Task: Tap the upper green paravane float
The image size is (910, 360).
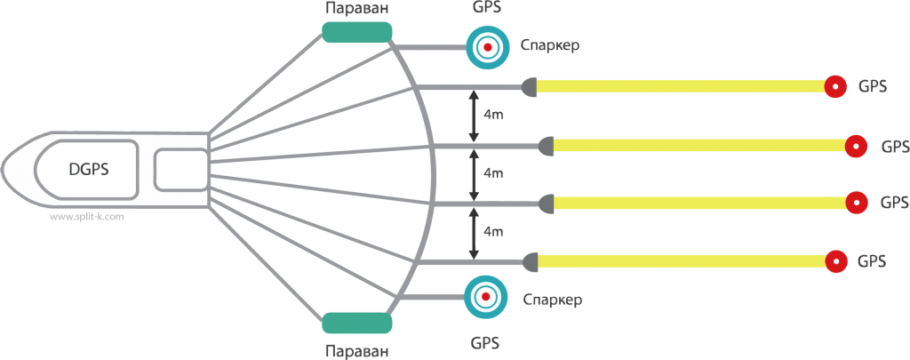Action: [356, 33]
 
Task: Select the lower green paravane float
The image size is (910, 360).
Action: [356, 322]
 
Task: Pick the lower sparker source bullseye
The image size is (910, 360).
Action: [485, 296]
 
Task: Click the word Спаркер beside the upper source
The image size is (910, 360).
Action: [549, 45]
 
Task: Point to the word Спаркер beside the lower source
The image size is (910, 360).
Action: [552, 300]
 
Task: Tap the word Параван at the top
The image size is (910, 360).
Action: [357, 8]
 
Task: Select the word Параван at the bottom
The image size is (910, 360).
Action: [356, 350]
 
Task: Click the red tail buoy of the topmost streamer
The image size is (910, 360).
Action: [835, 86]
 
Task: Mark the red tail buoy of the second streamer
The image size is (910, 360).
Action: [856, 145]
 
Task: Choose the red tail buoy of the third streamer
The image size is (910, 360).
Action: [856, 203]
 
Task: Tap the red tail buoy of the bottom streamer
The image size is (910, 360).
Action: [835, 261]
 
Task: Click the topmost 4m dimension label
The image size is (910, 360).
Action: [492, 114]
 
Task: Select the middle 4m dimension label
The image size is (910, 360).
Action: [492, 172]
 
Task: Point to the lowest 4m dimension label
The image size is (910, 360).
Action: [492, 231]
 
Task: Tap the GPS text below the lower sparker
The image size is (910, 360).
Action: [484, 341]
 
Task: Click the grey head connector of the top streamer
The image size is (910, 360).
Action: [529, 86]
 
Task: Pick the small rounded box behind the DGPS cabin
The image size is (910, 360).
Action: [180, 170]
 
